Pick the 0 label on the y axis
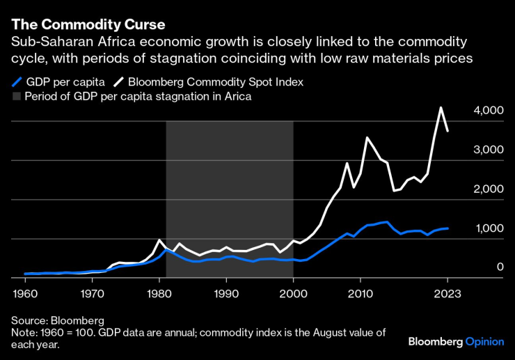point(500,267)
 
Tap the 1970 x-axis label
point(92,292)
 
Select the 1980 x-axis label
point(159,292)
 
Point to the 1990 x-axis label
point(226,292)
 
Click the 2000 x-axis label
point(293,292)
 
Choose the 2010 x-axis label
point(360,292)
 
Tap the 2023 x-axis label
point(447,292)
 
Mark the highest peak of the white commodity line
point(441,108)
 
